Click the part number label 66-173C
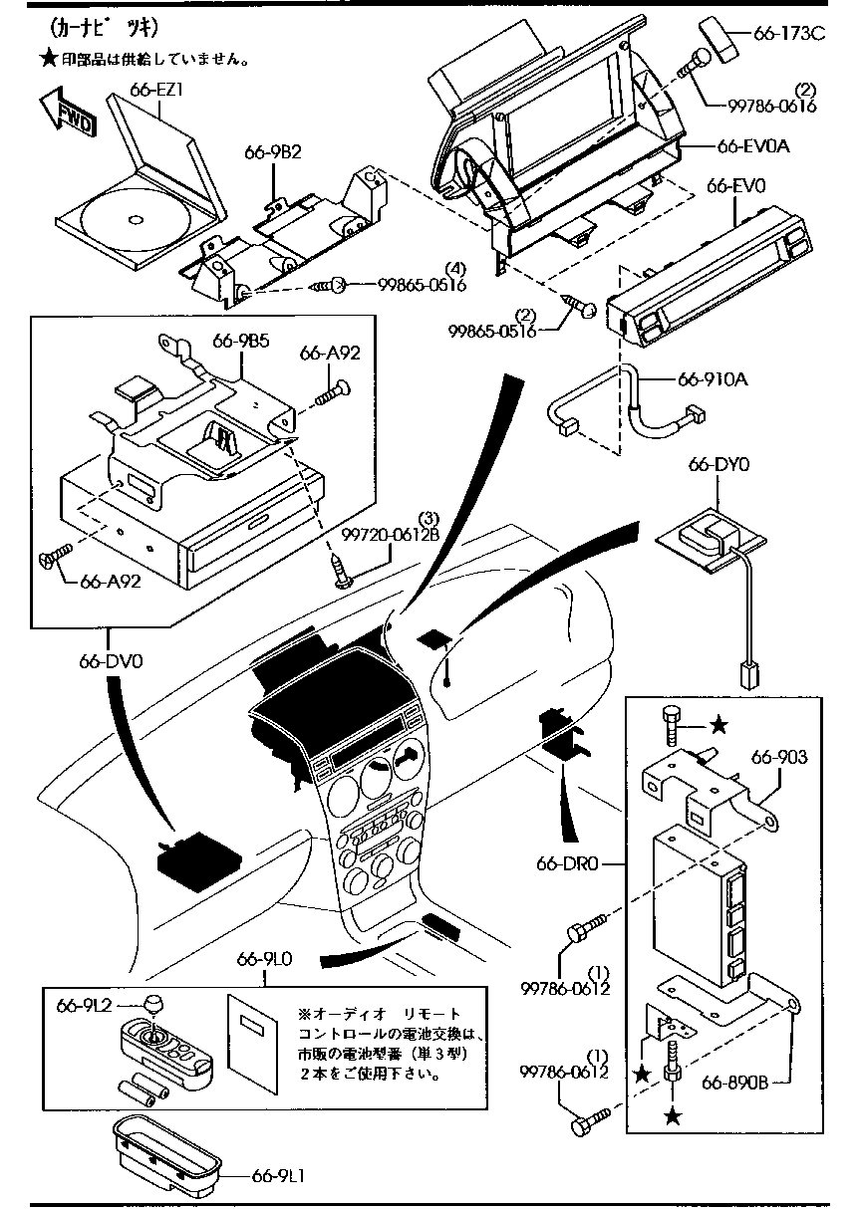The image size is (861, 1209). (789, 33)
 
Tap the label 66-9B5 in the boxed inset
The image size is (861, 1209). (240, 342)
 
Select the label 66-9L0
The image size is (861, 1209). (264, 960)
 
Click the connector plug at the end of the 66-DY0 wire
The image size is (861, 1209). (747, 674)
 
